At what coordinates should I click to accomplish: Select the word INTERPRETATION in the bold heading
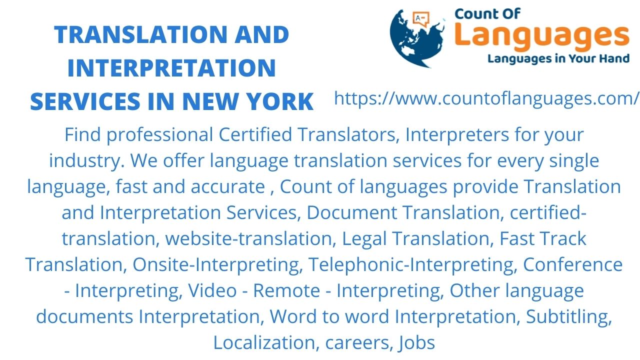(x=171, y=68)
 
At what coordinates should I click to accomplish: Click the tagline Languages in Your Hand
(x=558, y=59)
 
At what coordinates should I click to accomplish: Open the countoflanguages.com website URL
(x=486, y=98)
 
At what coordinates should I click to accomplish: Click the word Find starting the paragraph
(x=82, y=134)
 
